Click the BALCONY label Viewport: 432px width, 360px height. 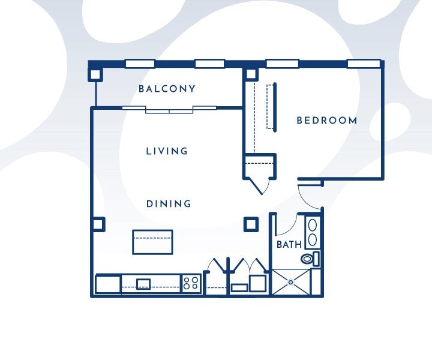(167, 89)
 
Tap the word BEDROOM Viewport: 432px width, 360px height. (327, 121)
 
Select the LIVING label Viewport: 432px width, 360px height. (167, 151)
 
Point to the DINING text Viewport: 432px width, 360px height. (169, 204)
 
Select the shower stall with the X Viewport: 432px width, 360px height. (291, 282)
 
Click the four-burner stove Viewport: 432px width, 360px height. (191, 283)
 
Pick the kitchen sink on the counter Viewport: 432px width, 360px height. (143, 284)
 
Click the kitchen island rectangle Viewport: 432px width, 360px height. (152, 242)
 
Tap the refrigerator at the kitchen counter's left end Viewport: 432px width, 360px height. (108, 284)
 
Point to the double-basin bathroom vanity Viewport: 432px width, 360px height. (313, 233)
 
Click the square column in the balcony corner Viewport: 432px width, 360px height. (95, 74)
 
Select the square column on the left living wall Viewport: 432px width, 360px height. (98, 224)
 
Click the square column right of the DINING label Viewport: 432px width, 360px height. (250, 224)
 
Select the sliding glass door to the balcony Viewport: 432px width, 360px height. (169, 109)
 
